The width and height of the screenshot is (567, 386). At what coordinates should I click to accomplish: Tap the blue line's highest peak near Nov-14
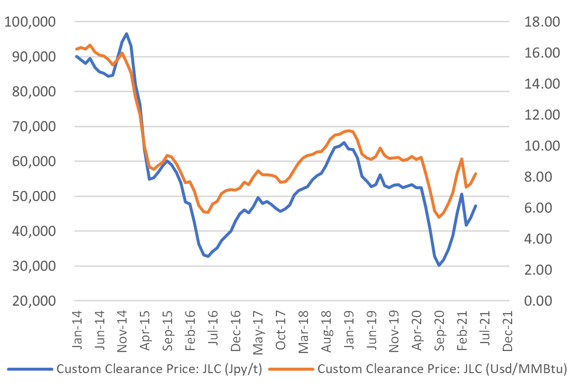127,34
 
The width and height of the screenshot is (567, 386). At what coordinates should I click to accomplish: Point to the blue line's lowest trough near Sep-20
438,266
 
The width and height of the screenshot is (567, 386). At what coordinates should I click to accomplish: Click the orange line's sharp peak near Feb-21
461,159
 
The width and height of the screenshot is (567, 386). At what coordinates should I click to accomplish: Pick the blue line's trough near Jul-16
208,256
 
